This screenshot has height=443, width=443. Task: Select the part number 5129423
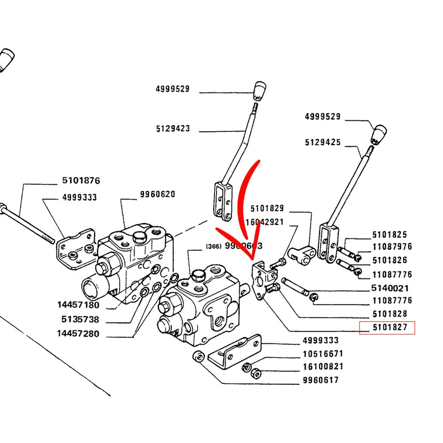tap(173, 129)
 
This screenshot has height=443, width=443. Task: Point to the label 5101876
tap(81, 181)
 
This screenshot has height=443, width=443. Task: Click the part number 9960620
tap(157, 194)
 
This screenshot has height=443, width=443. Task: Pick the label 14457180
tap(78, 305)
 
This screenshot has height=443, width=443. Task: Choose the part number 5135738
tap(81, 320)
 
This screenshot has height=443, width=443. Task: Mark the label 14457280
tap(78, 334)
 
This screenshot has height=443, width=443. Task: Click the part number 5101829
tap(267, 209)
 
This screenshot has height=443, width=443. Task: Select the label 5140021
tap(390, 288)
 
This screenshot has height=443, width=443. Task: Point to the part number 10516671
tap(322, 353)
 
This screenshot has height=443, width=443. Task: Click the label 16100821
tap(322, 367)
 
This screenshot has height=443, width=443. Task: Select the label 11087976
tap(392, 247)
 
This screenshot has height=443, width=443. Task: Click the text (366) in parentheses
tap(213, 246)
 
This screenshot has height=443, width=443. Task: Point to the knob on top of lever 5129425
tap(378, 133)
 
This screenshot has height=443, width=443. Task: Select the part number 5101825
tap(390, 234)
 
